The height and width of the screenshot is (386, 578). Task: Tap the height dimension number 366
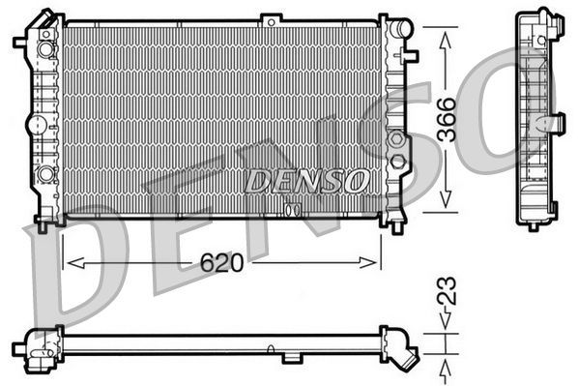coord(447,121)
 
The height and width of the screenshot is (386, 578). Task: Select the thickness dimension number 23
coord(446,293)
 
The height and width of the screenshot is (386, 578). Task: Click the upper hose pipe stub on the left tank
coord(20,42)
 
